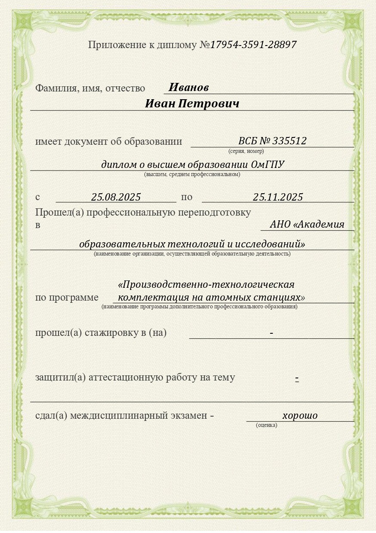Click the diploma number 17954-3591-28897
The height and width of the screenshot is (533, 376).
point(253,45)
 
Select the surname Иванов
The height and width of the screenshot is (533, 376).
point(188,88)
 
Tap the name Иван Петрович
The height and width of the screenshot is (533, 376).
point(192,104)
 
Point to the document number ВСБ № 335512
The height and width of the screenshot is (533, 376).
point(272,141)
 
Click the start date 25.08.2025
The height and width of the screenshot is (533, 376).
point(116,197)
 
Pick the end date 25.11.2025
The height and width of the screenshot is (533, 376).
point(277,197)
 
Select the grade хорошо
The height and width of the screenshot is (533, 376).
point(300,415)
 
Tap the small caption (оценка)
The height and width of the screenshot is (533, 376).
point(266,425)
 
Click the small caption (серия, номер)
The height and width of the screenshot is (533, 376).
point(246,151)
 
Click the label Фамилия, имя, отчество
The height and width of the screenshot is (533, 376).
point(90,88)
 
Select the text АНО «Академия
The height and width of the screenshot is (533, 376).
point(307,224)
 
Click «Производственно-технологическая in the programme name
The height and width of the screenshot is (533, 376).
point(206,285)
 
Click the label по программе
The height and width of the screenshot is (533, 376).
point(67,298)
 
